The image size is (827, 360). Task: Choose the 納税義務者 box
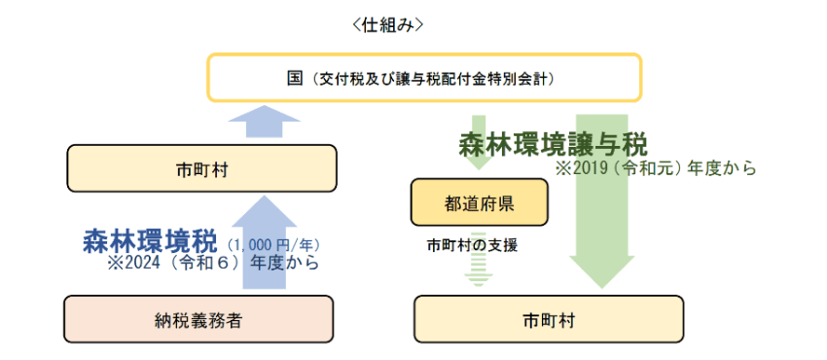tap(198, 319)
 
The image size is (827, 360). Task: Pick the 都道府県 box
tap(479, 202)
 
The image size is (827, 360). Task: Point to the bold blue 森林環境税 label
tap(150, 240)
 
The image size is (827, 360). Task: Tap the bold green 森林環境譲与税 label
tap(553, 144)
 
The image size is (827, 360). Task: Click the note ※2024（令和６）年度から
tap(213, 263)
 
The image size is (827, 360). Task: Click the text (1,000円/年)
tap(273, 244)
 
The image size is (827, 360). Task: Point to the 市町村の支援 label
tap(472, 245)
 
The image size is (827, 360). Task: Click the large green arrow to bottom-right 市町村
tap(601, 234)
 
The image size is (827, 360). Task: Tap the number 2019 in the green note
tap(591, 167)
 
